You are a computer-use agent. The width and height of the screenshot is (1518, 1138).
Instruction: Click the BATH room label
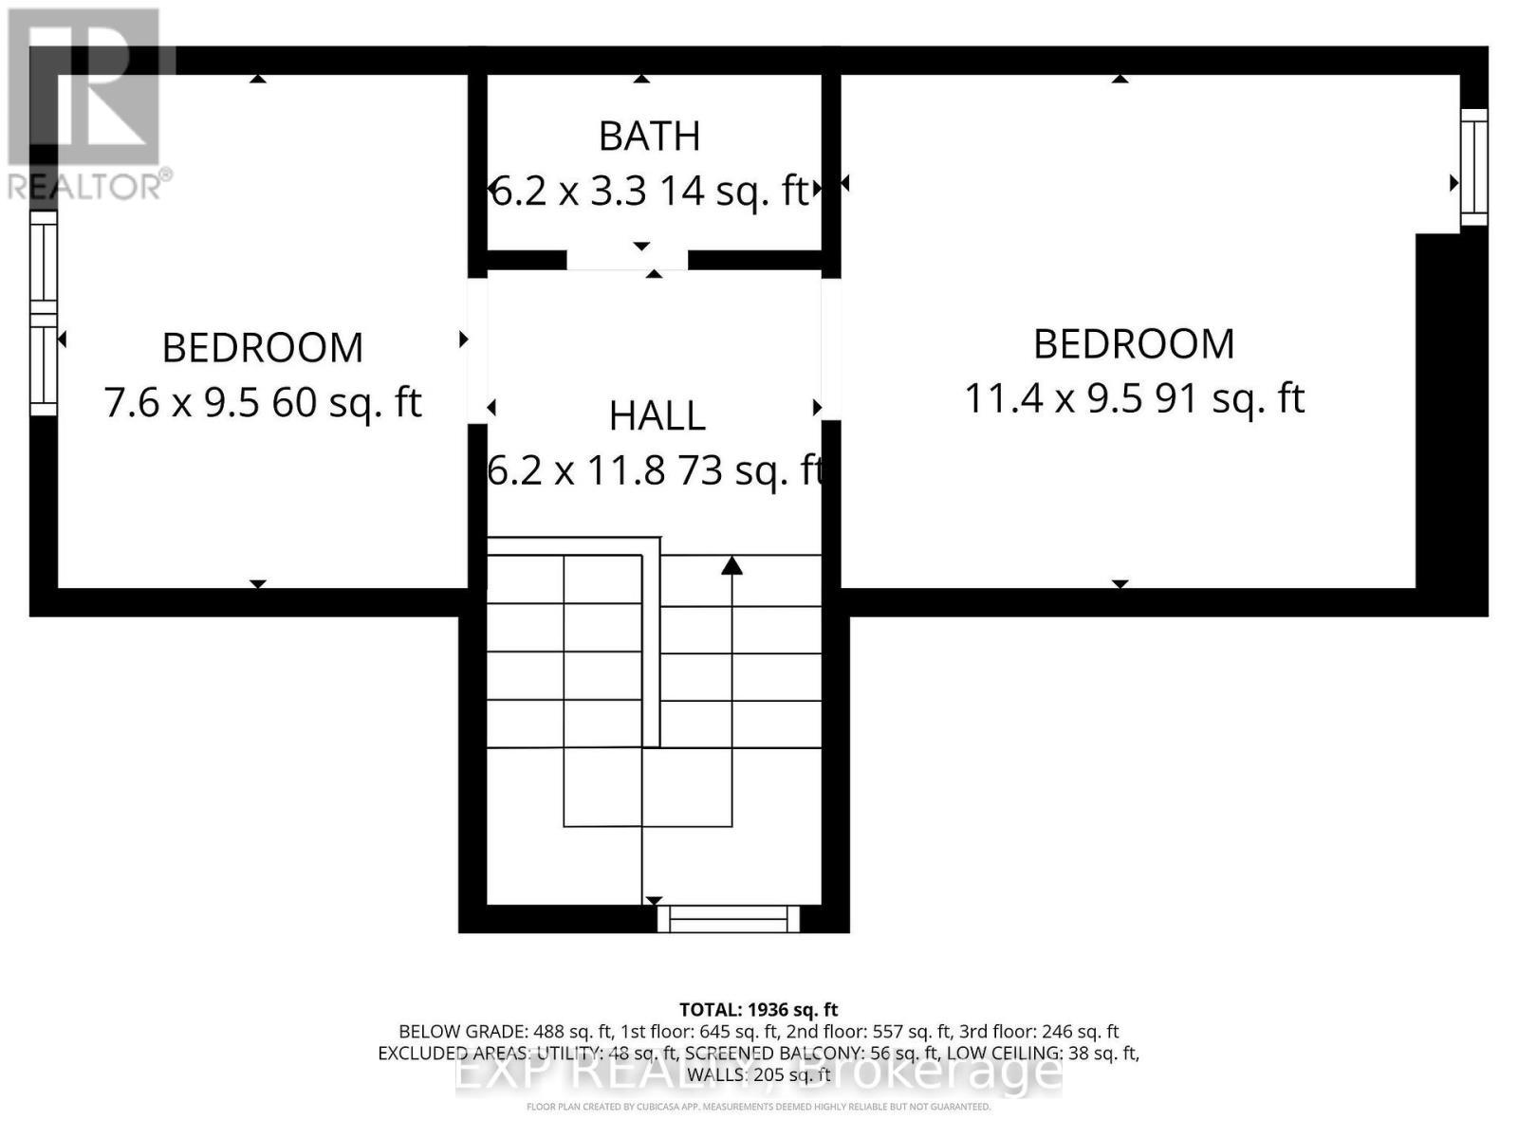(x=649, y=137)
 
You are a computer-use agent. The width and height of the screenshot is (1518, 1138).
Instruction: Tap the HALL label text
(x=657, y=416)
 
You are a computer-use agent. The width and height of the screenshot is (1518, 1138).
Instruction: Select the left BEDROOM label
(x=263, y=348)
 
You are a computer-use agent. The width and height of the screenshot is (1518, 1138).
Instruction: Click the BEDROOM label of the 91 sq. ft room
(x=1134, y=344)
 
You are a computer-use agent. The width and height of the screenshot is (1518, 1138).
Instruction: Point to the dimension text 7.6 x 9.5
(x=181, y=403)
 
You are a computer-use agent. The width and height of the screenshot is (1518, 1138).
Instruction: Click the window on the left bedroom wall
(x=44, y=313)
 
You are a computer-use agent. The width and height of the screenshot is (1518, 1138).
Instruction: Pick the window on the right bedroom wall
(x=1473, y=167)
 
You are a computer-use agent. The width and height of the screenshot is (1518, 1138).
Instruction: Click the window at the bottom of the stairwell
(x=729, y=919)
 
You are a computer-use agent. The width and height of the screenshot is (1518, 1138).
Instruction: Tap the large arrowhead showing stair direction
(x=731, y=566)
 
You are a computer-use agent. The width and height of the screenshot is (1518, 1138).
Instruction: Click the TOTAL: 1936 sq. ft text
(x=758, y=1010)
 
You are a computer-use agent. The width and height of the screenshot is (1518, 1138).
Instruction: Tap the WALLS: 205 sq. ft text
(x=758, y=1074)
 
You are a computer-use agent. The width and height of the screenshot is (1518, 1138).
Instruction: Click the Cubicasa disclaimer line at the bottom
(x=758, y=1107)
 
